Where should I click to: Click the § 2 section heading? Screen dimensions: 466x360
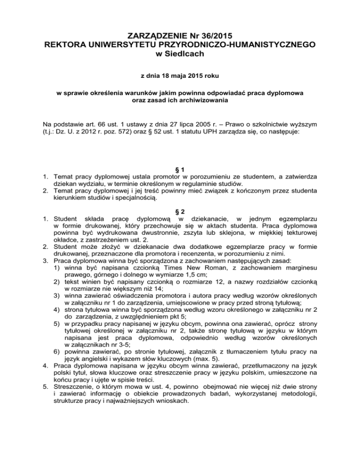click(x=180, y=230)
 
